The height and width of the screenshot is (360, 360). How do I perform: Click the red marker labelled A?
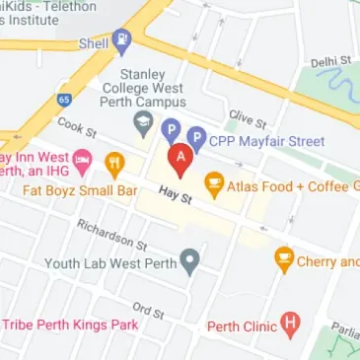coord(180,158)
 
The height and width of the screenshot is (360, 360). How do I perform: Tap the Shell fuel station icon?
coord(122,41)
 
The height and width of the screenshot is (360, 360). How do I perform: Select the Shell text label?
coord(94,43)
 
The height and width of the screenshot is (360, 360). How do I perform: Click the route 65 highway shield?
coord(64,101)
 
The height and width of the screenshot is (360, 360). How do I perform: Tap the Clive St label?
coord(248,120)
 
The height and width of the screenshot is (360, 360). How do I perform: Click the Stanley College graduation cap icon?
coord(144,125)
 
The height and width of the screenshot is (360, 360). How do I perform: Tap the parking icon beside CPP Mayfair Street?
coord(196,139)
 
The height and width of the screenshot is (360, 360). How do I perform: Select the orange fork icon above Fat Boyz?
coord(114,161)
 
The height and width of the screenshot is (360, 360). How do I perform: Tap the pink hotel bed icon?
coord(83,158)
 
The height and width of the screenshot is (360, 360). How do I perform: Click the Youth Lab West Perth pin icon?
coord(190,261)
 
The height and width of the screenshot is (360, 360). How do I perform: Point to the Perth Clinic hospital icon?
coord(290,322)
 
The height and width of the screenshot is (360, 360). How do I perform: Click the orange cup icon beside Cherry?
coord(284,260)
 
